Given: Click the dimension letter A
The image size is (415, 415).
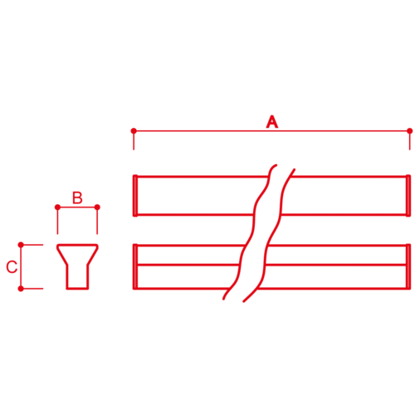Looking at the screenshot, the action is tap(272, 122).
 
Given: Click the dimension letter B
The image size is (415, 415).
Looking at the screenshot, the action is tap(77, 198).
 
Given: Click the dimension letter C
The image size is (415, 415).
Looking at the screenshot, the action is tap(12, 266).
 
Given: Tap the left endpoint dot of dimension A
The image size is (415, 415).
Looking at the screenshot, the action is tap(134, 130).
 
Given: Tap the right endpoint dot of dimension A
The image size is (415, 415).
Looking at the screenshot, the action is tap(410, 131).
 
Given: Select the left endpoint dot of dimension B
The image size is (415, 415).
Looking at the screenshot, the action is tap(57, 207).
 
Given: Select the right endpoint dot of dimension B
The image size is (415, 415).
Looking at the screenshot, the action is tap(97, 207).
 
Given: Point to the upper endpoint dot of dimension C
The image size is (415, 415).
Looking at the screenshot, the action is tap(21, 245).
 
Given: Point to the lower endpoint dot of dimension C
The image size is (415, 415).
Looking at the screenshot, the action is tap(21, 289).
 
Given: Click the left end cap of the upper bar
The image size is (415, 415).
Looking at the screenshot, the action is tap(135, 196).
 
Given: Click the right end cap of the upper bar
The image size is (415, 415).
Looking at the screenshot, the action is tap(408, 196).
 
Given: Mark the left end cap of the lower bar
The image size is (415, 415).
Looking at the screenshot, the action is tap(135, 266).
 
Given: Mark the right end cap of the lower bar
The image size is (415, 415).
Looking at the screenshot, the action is tap(408, 266).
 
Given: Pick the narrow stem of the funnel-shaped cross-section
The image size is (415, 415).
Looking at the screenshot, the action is tap(77, 277).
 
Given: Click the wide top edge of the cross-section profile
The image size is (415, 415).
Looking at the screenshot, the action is tap(77, 245).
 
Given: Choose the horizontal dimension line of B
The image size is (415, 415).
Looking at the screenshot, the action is tap(77, 207).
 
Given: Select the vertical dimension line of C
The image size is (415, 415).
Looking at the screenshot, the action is tap(21, 266).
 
